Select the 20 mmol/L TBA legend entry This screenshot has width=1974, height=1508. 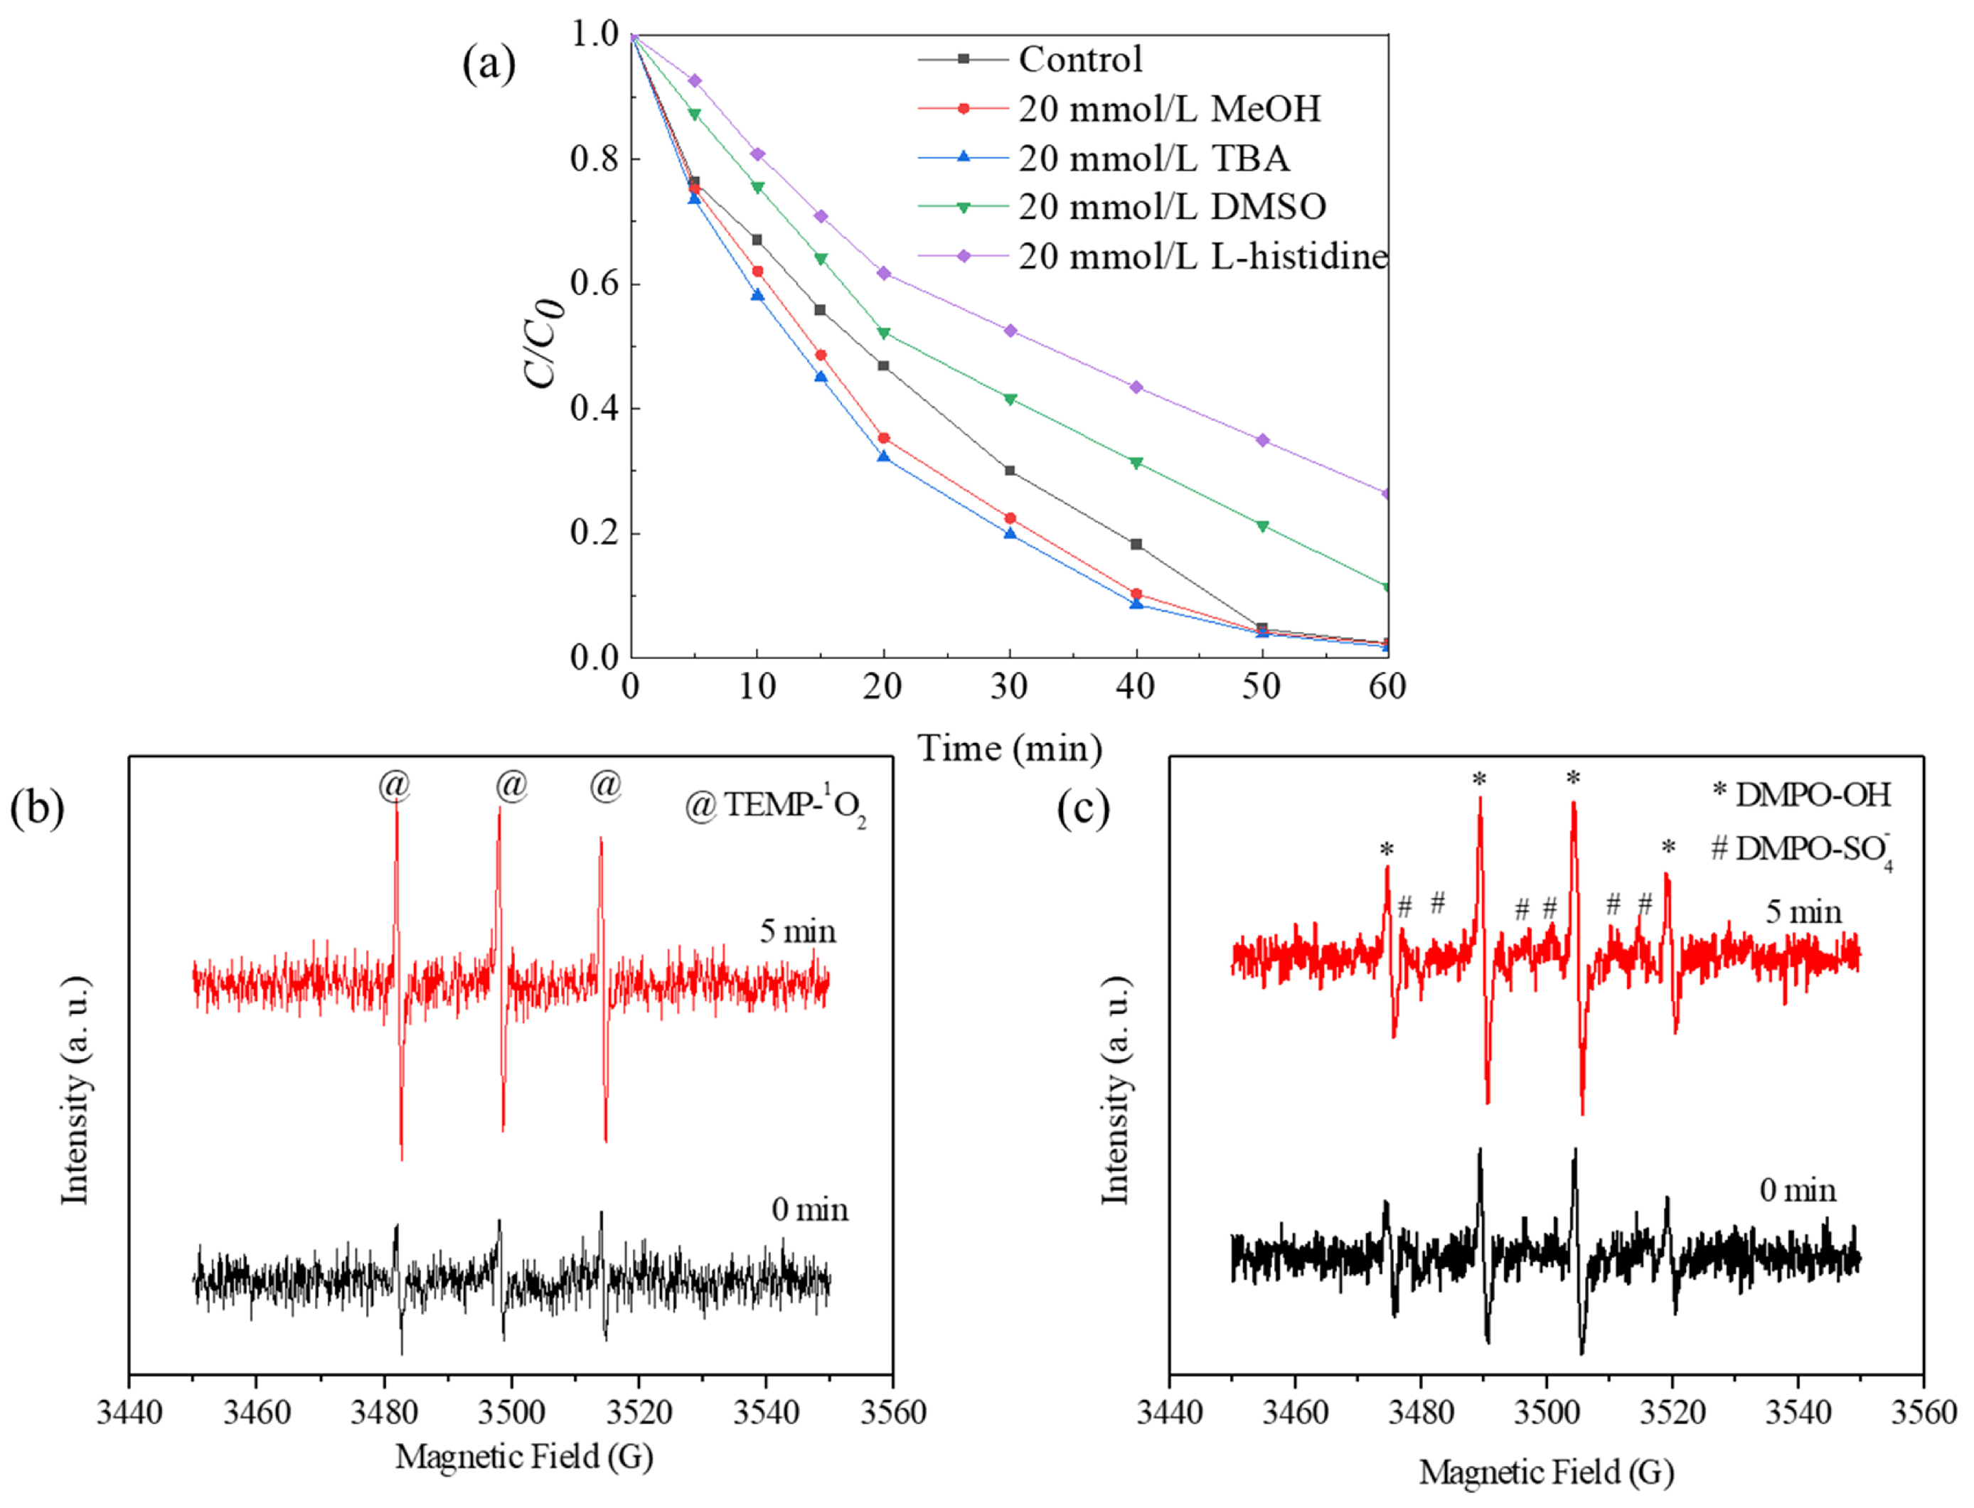pyautogui.click(x=1153, y=159)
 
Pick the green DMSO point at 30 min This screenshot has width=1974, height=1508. pyautogui.click(x=1010, y=400)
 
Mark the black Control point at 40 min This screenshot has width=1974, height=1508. pyautogui.click(x=1136, y=545)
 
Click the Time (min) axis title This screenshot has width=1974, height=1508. pyautogui.click(x=1010, y=748)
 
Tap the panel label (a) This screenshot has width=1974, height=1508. pyautogui.click(x=489, y=65)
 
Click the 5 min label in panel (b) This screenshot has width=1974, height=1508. pyautogui.click(x=797, y=931)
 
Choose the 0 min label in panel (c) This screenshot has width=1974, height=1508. pyautogui.click(x=1797, y=1190)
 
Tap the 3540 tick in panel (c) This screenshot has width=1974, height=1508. pyautogui.click(x=1797, y=1413)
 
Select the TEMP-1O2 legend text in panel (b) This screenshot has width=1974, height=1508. pyautogui.click(x=777, y=806)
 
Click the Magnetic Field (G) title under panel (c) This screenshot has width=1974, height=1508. pyautogui.click(x=1546, y=1472)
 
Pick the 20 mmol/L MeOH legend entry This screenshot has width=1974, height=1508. pyautogui.click(x=1169, y=109)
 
